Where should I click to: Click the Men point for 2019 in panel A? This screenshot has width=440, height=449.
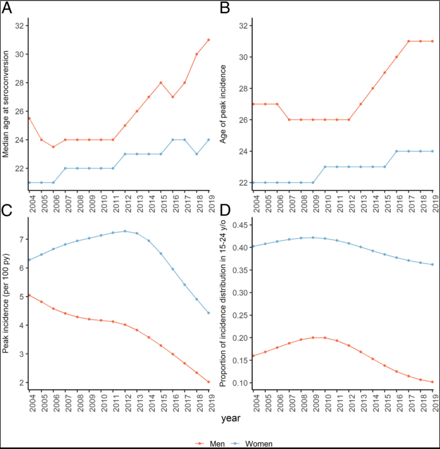209,40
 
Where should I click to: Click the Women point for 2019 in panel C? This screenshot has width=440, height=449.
209,313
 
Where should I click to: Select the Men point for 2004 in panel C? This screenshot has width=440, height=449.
29,295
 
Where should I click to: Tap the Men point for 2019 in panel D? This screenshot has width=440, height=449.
431,382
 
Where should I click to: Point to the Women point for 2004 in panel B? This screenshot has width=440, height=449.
253,183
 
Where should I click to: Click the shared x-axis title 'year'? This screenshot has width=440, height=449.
230,419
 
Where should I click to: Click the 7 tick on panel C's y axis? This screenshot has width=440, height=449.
21,239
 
